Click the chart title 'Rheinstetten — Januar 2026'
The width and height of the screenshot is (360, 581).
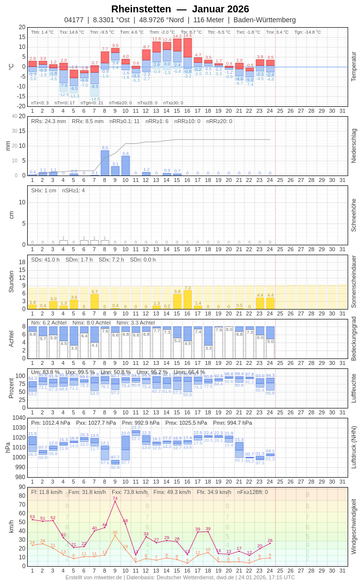tap(180, 9)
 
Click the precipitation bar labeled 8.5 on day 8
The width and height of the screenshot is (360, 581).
tap(105, 163)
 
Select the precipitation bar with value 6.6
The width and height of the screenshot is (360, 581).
tap(126, 166)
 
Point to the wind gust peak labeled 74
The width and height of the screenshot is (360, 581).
tap(115, 498)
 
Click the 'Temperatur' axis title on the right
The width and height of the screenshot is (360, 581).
tap(354, 66)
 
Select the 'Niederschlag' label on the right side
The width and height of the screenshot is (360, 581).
tap(354, 146)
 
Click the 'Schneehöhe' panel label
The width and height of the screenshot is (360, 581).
tap(354, 215)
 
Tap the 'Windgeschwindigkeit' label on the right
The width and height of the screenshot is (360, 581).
tap(354, 526)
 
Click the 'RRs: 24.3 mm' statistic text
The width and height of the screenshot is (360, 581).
tap(48, 121)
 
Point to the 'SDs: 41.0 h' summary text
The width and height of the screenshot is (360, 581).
tap(45, 260)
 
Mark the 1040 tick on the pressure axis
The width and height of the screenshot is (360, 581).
tap(19, 418)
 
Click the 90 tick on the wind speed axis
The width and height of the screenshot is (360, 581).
tap(22, 487)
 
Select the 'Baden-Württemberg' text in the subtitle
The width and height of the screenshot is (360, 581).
tap(265, 20)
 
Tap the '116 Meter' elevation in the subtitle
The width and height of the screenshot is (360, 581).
tap(209, 20)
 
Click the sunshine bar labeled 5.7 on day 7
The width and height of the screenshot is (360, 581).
tap(94, 302)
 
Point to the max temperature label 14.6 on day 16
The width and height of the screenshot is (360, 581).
tap(187, 36)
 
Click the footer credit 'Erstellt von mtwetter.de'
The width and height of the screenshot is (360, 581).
tap(93, 577)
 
